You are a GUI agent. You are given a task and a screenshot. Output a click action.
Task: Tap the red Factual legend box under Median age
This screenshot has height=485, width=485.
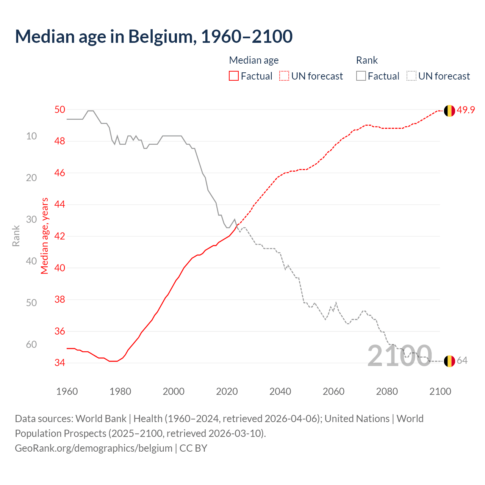click(234, 76)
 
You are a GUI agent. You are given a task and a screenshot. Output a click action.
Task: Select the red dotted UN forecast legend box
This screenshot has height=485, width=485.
click(284, 76)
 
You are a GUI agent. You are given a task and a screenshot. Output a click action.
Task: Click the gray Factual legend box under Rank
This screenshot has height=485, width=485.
click(361, 76)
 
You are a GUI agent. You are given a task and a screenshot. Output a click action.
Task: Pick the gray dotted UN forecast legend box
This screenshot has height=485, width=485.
click(411, 76)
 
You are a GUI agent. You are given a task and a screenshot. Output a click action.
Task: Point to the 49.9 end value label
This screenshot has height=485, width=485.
click(466, 110)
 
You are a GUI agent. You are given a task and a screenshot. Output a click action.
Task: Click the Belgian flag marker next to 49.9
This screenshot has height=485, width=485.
click(449, 111)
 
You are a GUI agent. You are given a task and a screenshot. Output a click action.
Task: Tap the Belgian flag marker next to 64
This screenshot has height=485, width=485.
click(449, 361)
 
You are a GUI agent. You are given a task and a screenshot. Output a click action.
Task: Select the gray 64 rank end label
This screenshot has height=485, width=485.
click(462, 360)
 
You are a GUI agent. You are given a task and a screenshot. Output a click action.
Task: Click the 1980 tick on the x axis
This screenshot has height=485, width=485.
click(120, 391)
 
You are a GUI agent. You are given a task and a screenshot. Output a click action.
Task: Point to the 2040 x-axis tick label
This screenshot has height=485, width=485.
click(280, 391)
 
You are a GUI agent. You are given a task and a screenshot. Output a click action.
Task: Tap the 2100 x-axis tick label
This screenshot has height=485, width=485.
click(440, 391)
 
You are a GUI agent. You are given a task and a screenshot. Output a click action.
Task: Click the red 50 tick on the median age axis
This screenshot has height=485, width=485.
click(60, 110)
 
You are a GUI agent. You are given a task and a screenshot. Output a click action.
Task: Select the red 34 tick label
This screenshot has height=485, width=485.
click(60, 363)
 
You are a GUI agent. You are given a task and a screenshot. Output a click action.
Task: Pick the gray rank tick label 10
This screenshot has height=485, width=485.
click(31, 136)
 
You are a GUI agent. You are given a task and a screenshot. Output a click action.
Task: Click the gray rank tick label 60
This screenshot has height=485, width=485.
click(31, 344)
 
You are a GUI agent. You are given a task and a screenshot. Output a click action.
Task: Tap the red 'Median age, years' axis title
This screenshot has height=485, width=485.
click(45, 236)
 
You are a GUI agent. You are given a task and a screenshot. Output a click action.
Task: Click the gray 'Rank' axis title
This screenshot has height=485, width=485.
click(16, 236)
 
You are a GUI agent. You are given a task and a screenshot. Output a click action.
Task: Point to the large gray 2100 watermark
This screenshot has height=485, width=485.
click(400, 356)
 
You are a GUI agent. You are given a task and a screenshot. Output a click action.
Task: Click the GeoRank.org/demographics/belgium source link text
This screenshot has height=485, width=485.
click(94, 448)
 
